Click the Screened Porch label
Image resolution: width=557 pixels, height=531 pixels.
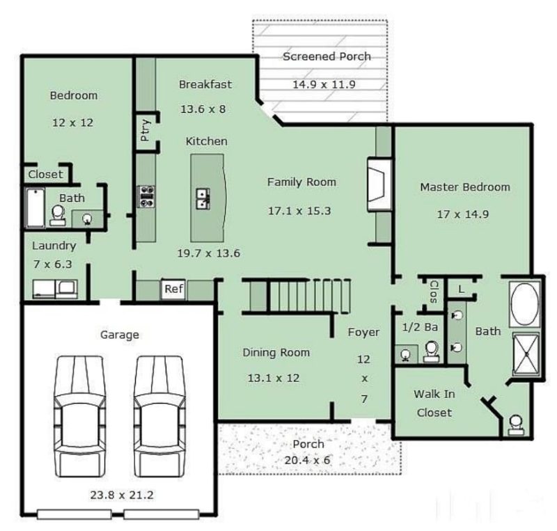(x=326, y=56)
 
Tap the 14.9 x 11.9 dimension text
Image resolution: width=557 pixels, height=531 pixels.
(x=324, y=85)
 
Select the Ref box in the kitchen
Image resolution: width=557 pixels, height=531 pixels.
(x=172, y=289)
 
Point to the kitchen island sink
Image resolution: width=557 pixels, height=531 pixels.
(x=203, y=199)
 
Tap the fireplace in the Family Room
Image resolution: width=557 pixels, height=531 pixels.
(x=377, y=182)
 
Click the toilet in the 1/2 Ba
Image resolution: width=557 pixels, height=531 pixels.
(x=432, y=351)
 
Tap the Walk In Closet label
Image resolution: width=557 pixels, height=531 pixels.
(x=434, y=403)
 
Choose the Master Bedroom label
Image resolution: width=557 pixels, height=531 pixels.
(x=464, y=187)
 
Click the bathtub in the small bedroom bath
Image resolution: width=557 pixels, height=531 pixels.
(x=34, y=207)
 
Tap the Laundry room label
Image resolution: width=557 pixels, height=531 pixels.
(x=54, y=245)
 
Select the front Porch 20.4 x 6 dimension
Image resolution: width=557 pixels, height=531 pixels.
(x=308, y=460)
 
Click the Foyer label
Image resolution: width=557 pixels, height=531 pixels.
(x=363, y=332)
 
